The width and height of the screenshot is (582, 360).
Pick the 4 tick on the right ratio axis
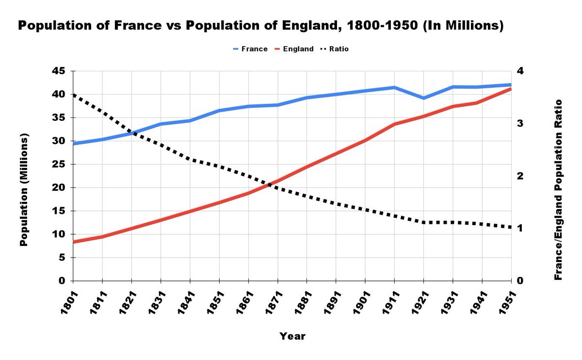[521, 71]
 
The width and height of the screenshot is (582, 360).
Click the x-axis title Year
[292, 336]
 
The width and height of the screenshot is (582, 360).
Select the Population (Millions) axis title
[24, 189]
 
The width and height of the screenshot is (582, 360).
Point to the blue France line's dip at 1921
[423, 98]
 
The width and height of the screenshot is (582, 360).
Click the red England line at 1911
[394, 124]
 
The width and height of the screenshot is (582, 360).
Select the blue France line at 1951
[510, 85]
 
